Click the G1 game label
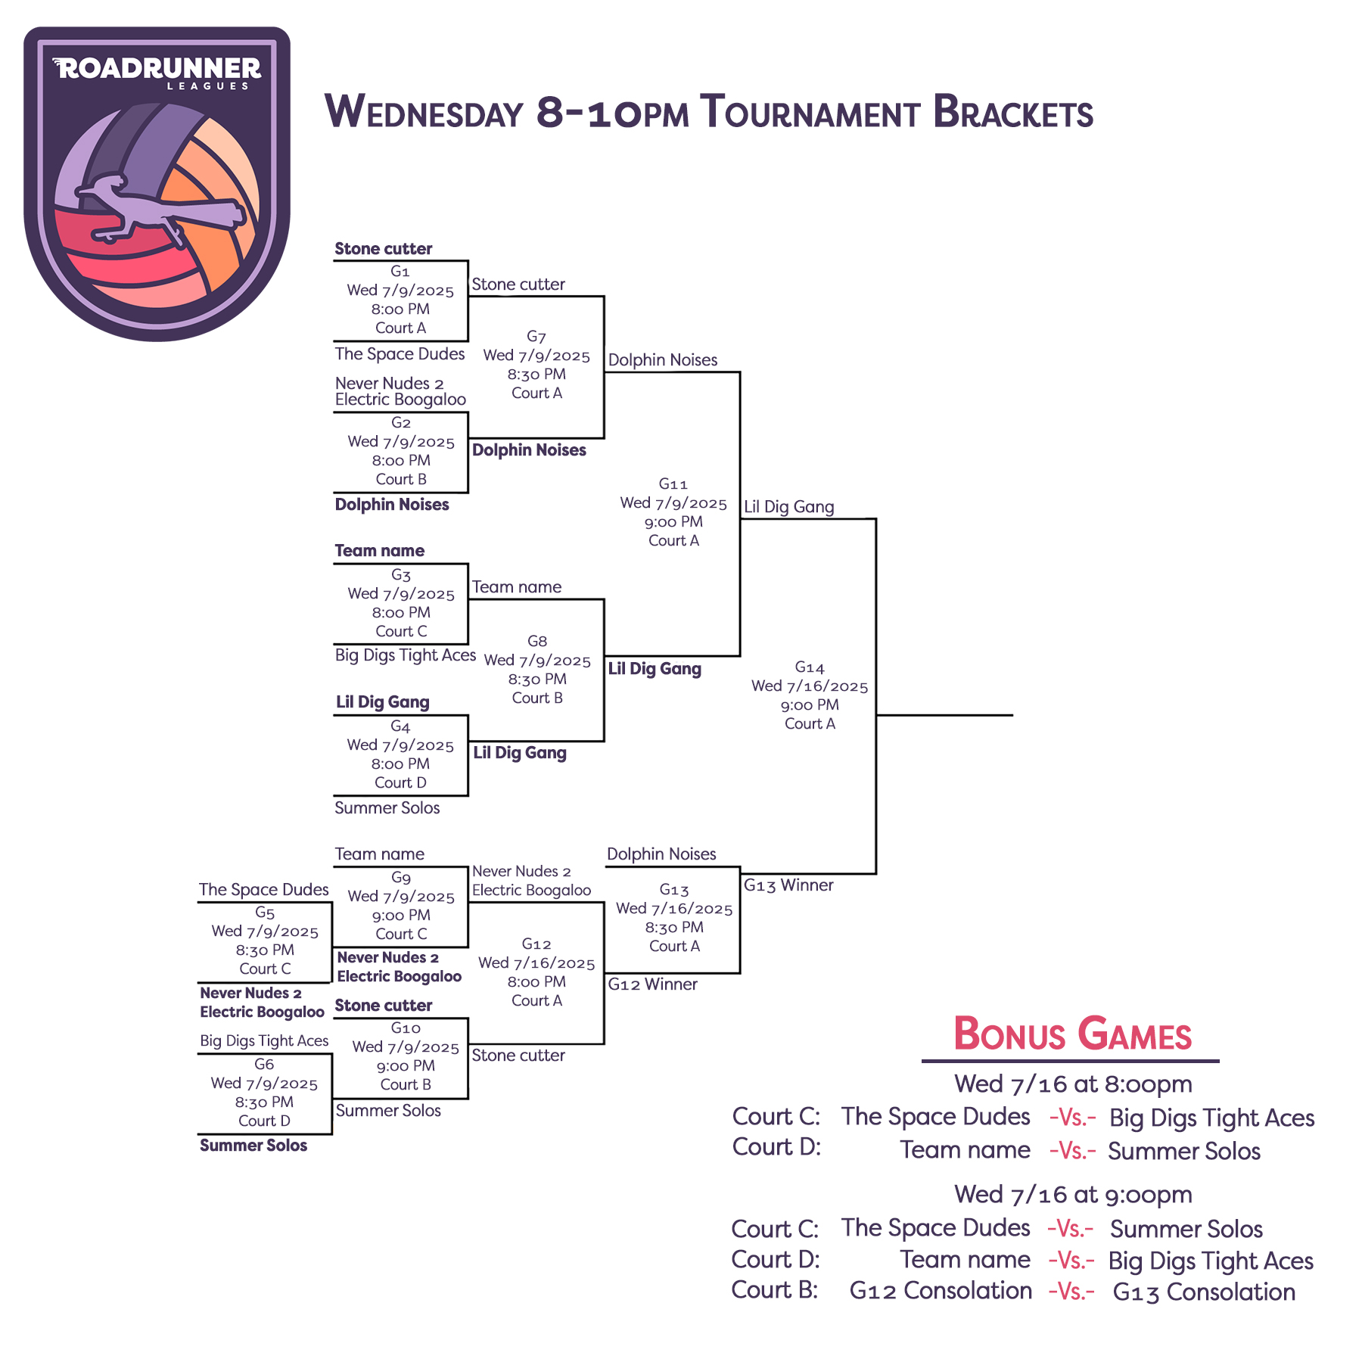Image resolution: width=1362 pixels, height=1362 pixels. [400, 271]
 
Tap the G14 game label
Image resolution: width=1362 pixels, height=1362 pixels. [810, 667]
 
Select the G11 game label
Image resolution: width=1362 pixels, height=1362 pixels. [673, 484]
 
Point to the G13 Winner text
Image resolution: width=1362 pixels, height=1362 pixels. [788, 885]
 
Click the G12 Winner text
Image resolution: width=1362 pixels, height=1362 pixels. [653, 984]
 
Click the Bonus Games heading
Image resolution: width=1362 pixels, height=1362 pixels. [1072, 1034]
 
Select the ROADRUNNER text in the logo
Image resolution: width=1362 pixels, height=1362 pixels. [157, 68]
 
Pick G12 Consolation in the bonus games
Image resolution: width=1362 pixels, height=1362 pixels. [941, 1290]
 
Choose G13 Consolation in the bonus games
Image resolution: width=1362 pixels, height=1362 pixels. [1204, 1292]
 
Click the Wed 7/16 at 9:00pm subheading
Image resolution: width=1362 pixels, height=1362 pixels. [1073, 1194]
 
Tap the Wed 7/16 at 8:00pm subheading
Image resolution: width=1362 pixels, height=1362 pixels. [1073, 1084]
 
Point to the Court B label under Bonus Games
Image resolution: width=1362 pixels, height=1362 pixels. [775, 1289]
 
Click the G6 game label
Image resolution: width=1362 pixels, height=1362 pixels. [264, 1064]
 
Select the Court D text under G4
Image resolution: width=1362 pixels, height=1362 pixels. [400, 782]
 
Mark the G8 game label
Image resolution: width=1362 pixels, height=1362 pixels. [537, 641]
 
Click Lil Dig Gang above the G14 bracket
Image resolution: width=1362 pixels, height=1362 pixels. [789, 507]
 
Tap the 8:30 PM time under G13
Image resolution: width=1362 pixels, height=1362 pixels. [674, 927]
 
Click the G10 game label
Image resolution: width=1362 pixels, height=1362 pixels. [406, 1028]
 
